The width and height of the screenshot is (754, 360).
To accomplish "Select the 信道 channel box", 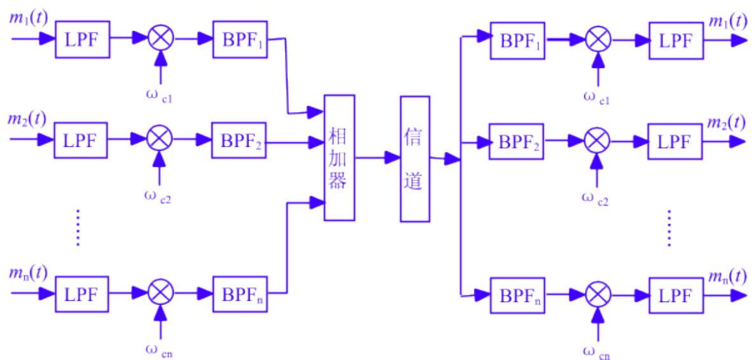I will click(415, 158).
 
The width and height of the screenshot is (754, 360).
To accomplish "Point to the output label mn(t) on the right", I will click(728, 275).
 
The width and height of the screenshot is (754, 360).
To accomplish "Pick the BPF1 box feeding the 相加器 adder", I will click(238, 39).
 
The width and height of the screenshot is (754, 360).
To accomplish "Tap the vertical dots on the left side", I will click(78, 226).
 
